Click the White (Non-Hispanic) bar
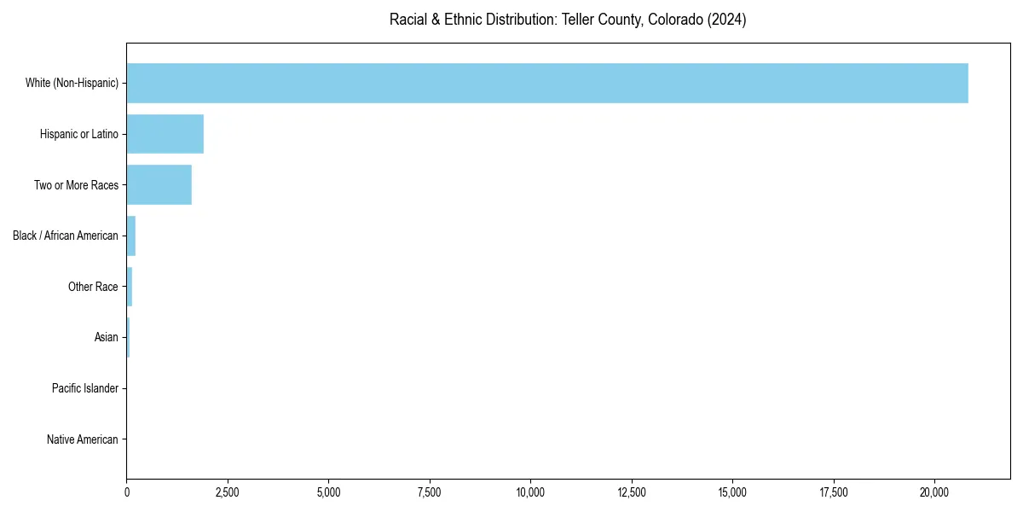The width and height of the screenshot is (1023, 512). tap(547, 83)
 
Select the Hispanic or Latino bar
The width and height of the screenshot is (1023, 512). tap(165, 134)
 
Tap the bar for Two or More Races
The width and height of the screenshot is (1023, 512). tap(159, 185)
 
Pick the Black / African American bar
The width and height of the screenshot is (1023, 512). tap(131, 236)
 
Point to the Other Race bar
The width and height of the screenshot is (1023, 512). tap(130, 287)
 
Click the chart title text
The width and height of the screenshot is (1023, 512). tap(568, 20)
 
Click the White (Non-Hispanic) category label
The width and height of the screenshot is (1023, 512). tap(72, 83)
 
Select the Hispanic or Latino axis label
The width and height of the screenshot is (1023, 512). tap(79, 134)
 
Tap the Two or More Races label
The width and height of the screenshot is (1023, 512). tap(76, 185)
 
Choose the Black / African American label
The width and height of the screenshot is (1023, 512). tap(66, 236)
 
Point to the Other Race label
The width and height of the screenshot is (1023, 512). tap(93, 287)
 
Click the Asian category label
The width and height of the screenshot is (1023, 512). tap(107, 338)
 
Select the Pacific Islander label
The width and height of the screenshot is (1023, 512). tap(85, 389)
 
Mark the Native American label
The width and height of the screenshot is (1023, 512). tap(83, 440)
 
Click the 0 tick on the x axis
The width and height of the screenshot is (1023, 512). tap(127, 492)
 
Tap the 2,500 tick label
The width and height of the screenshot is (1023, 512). tap(228, 492)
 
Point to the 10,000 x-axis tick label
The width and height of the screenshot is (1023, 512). tap(530, 492)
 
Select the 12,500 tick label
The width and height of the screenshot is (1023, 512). tap(632, 492)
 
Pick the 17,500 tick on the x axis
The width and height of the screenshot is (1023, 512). tap(834, 492)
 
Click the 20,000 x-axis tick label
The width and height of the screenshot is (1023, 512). tap(934, 492)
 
